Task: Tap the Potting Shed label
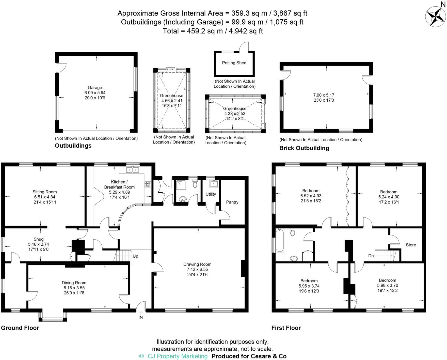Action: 234,63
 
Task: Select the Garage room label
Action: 95,88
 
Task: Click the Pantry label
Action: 232,202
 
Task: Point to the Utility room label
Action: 211,194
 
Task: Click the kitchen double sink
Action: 133,169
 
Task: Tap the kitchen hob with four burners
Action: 148,185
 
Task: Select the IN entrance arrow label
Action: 140,317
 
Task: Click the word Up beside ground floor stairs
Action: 135,256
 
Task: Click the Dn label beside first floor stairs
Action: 371,256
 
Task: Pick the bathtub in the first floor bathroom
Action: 279,240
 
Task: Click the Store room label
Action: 411,245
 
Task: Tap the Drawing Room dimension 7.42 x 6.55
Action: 197,269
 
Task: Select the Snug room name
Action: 39,239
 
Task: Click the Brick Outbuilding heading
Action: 304,148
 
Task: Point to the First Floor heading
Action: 286,328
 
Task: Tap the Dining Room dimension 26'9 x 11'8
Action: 74,293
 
